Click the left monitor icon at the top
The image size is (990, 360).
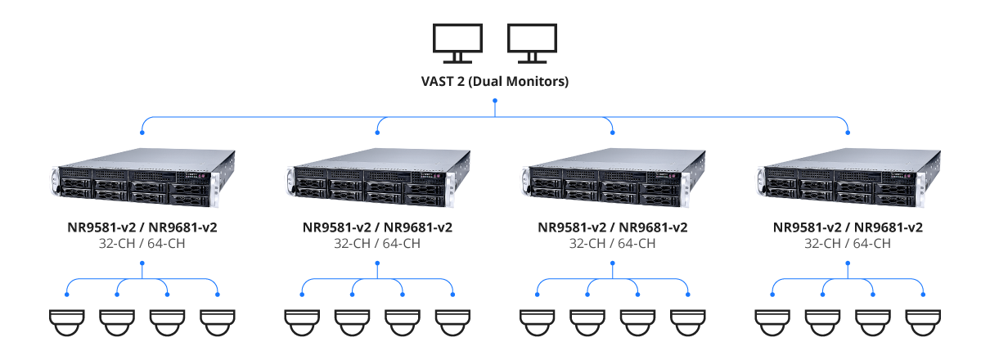(x=457, y=43)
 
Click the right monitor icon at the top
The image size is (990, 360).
(x=532, y=43)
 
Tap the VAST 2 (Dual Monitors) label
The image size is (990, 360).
(x=495, y=82)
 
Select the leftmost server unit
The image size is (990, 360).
(x=142, y=178)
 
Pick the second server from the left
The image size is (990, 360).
(x=377, y=178)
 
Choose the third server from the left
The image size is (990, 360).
(x=613, y=178)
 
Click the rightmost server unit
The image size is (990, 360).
(x=848, y=178)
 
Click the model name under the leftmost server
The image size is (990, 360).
(x=142, y=227)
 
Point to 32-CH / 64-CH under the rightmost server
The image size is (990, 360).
(x=848, y=243)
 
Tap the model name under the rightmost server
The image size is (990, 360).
(x=848, y=227)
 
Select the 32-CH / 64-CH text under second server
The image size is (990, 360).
(x=377, y=243)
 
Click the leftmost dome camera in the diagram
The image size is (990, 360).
(x=67, y=321)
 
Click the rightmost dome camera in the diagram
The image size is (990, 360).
(x=923, y=321)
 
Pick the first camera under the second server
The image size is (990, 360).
(x=302, y=321)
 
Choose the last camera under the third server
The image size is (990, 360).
(x=688, y=321)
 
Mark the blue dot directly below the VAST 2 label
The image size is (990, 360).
(x=495, y=101)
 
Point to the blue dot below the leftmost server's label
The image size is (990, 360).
(x=142, y=263)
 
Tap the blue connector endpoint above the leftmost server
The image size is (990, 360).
(x=142, y=131)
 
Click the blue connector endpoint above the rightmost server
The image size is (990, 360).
(x=848, y=131)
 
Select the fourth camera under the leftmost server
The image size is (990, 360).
(x=218, y=321)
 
